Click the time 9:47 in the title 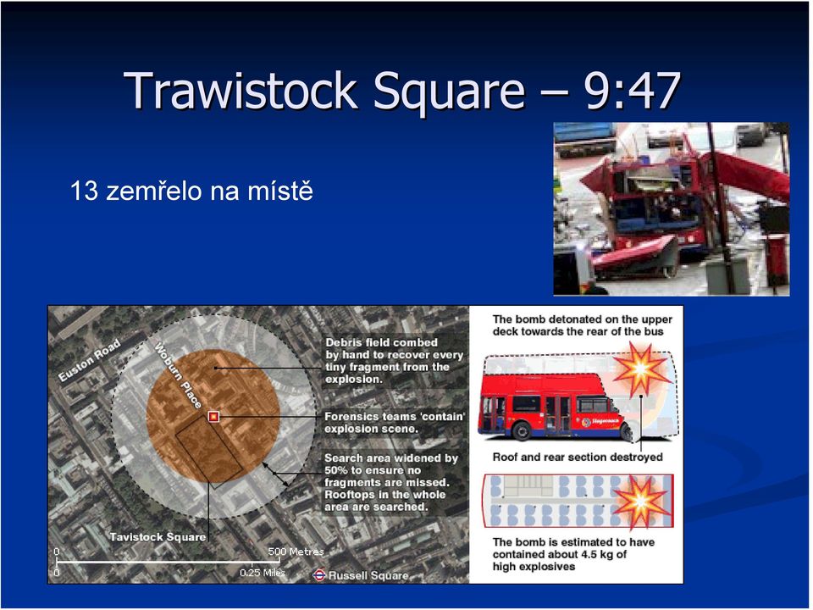click(632, 91)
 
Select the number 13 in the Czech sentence click(84, 191)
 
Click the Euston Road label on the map click(89, 360)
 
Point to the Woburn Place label click(178, 375)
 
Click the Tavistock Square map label click(158, 537)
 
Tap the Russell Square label click(368, 575)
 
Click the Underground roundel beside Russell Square click(319, 574)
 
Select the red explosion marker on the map click(213, 417)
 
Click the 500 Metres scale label click(296, 552)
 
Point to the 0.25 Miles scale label click(263, 573)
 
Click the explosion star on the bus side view click(641, 369)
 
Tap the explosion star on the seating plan click(641, 502)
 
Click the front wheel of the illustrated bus click(521, 430)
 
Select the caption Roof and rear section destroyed click(578, 457)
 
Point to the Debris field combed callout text click(394, 361)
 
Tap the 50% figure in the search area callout click(335, 470)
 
